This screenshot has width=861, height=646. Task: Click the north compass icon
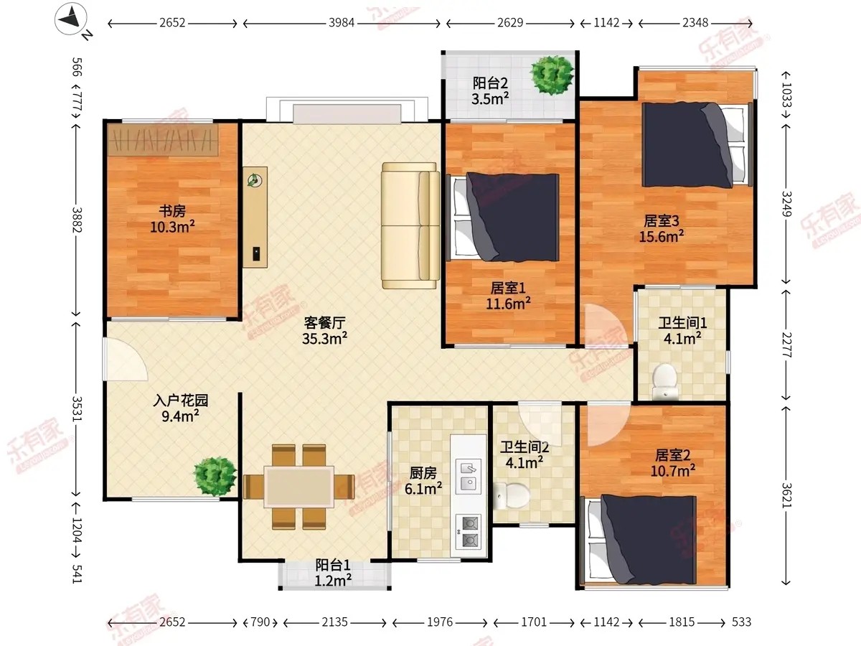point(70,19)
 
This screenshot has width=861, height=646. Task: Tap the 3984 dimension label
point(342,23)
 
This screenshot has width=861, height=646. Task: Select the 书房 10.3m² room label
point(173,219)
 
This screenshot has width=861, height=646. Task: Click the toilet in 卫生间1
point(664,381)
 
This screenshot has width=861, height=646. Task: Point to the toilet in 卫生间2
point(511,495)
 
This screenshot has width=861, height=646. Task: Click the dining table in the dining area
point(299,487)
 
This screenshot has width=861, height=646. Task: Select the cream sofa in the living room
point(410,225)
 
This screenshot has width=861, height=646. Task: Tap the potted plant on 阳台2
point(552,75)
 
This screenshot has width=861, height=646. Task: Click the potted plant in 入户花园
point(215,476)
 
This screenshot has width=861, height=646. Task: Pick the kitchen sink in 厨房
point(469,477)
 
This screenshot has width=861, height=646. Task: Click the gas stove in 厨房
point(469,532)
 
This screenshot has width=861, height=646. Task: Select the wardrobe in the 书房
point(163,140)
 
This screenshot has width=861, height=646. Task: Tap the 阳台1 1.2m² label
point(333,573)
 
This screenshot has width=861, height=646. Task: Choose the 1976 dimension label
point(440,622)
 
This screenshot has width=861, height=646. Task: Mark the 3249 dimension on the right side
point(786,204)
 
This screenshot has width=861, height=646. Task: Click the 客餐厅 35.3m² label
point(325,330)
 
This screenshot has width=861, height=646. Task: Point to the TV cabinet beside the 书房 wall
point(255,217)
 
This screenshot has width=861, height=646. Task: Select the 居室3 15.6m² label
point(662,229)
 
